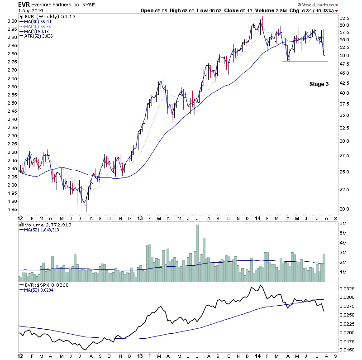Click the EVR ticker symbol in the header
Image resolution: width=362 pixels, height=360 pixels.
point(11,5)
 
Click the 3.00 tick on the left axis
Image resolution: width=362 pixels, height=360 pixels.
point(12,21)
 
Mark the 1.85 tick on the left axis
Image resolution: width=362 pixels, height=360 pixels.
point(12,210)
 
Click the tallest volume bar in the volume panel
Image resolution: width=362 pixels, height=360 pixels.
point(197,253)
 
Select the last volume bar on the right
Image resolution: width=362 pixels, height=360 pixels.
point(324,268)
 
